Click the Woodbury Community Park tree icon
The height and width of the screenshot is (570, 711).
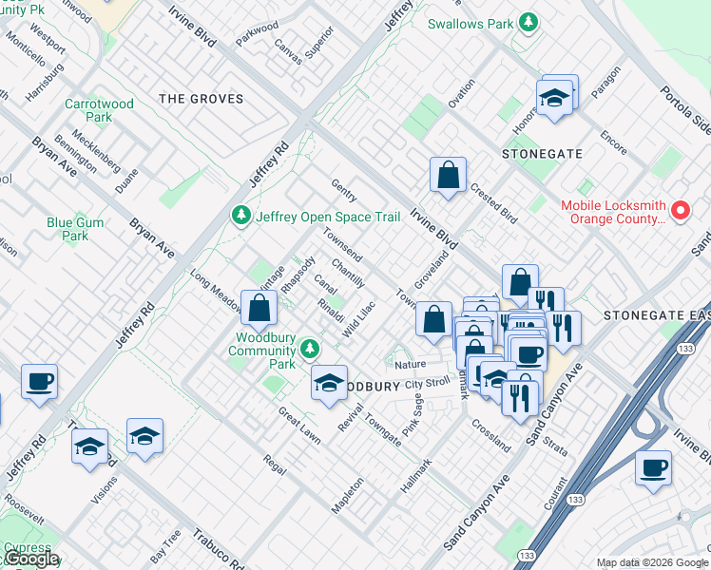(308, 351)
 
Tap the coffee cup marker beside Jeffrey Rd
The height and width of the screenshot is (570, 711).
(39, 382)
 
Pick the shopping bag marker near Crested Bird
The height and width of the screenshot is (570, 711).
(448, 176)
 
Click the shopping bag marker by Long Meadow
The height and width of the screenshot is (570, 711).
(259, 308)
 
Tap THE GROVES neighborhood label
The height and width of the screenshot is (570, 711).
(201, 99)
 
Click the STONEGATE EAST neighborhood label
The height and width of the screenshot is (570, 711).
(657, 313)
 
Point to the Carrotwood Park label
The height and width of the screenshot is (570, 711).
(87, 110)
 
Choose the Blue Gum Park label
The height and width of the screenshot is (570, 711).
(73, 229)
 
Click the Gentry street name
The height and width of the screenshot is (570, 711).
(343, 190)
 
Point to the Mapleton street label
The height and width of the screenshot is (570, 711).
(347, 496)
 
